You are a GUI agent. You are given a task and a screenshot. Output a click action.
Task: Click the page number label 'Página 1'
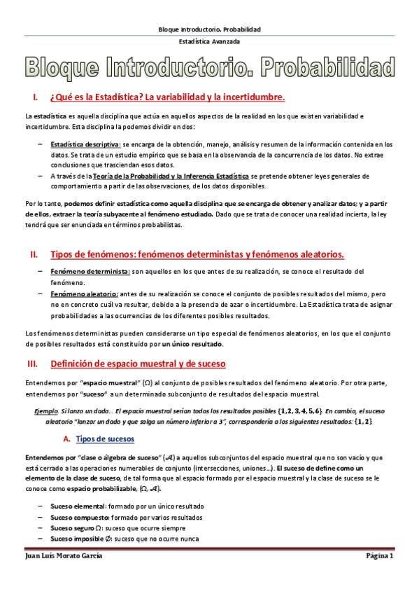tap(381, 556)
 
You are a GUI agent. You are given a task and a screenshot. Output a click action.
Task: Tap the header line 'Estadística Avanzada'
tap(209, 42)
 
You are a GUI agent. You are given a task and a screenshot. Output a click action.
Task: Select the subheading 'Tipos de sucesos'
tap(105, 438)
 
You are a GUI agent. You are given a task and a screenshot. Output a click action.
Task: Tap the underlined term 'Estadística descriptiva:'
tap(80, 143)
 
